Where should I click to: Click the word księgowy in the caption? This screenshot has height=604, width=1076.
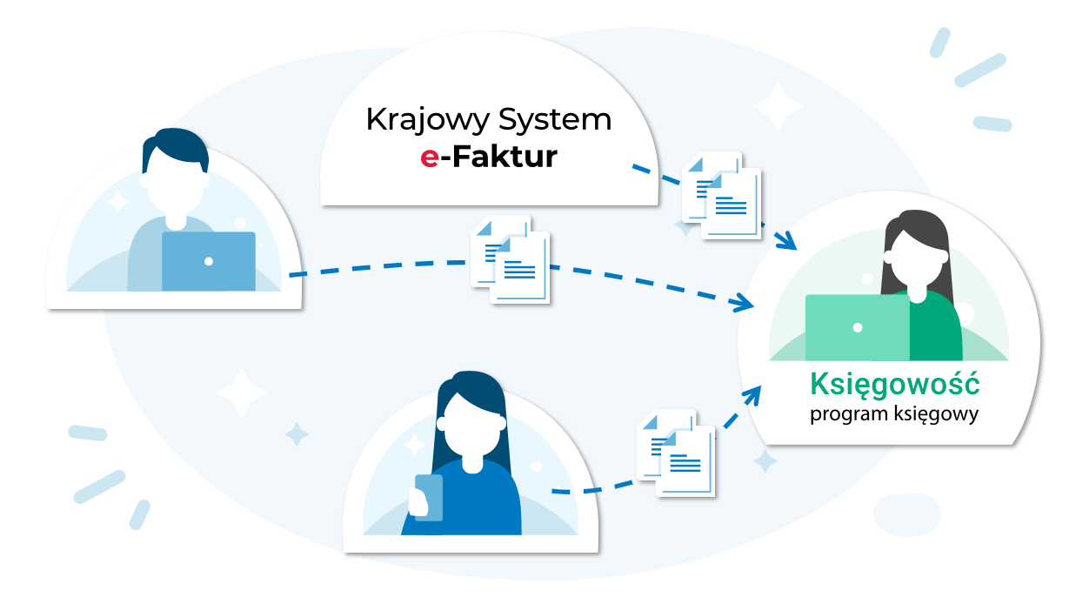pos(938,414)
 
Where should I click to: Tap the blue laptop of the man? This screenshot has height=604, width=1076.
pos(209,261)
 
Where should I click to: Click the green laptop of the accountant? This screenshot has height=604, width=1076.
pos(857,327)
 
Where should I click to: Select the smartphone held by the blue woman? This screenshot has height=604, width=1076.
pos(428,497)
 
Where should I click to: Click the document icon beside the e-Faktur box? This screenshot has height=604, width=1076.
pos(721,196)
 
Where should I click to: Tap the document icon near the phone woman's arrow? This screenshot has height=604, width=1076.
pos(676,453)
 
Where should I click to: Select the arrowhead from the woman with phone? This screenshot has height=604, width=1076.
pos(751,395)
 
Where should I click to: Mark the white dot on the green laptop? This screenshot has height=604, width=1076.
pos(857,328)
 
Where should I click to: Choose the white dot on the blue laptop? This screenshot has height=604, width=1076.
pos(209,261)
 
